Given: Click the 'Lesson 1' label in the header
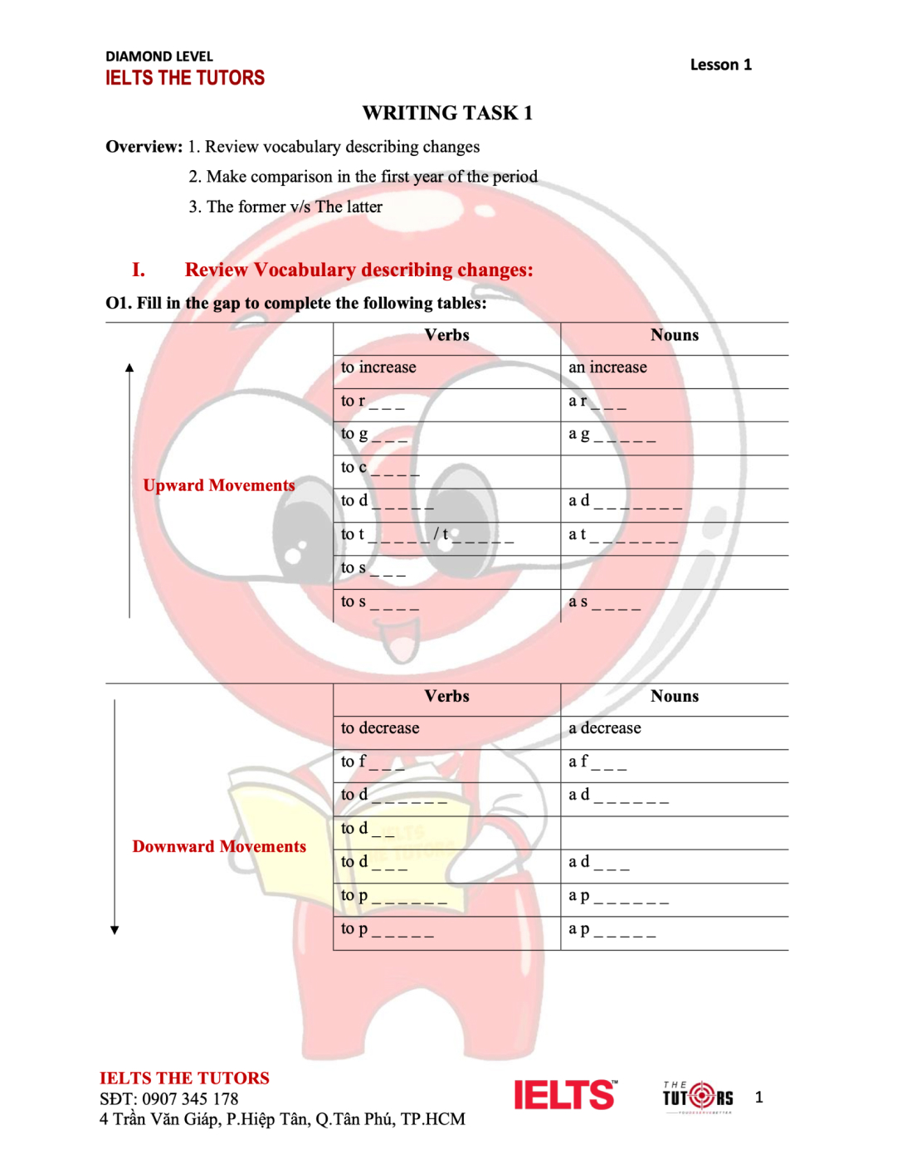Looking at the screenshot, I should click(x=720, y=65).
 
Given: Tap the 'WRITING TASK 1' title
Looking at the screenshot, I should click(x=447, y=113).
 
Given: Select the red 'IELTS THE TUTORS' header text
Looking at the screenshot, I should click(x=184, y=78).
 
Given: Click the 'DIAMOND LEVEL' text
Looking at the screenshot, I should click(x=158, y=56).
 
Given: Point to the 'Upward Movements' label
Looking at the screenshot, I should click(x=218, y=485).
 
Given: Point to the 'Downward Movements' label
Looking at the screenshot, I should click(x=219, y=846).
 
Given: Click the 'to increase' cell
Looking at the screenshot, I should click(x=378, y=368).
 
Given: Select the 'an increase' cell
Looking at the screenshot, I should click(x=607, y=368).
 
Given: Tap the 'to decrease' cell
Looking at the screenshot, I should click(x=380, y=728).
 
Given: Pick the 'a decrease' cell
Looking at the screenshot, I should click(x=604, y=728).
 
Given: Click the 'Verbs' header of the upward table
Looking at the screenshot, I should click(x=446, y=335).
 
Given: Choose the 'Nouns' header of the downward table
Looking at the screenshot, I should click(x=674, y=696).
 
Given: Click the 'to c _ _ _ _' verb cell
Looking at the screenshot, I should click(x=380, y=469).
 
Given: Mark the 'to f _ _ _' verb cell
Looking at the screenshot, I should click(x=373, y=762).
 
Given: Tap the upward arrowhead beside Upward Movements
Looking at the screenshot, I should click(x=129, y=367).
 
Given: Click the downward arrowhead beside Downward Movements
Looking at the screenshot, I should click(x=115, y=930).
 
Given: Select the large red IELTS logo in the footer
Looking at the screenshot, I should click(x=565, y=1095).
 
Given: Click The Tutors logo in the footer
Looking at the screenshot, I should click(x=698, y=1097).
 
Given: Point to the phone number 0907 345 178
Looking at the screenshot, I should click(x=190, y=1099).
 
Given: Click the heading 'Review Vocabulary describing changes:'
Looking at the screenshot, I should click(x=358, y=270).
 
